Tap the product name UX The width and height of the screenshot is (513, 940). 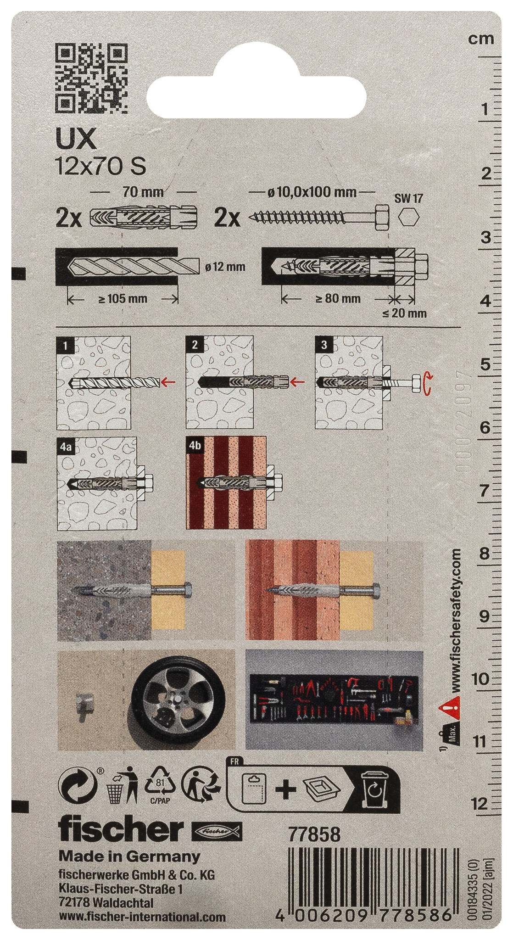[76, 140]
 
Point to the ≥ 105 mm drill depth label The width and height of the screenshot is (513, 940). [123, 299]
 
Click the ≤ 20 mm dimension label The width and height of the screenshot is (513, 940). [404, 313]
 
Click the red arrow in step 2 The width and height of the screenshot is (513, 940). [299, 380]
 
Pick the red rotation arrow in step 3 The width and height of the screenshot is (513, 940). [427, 383]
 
